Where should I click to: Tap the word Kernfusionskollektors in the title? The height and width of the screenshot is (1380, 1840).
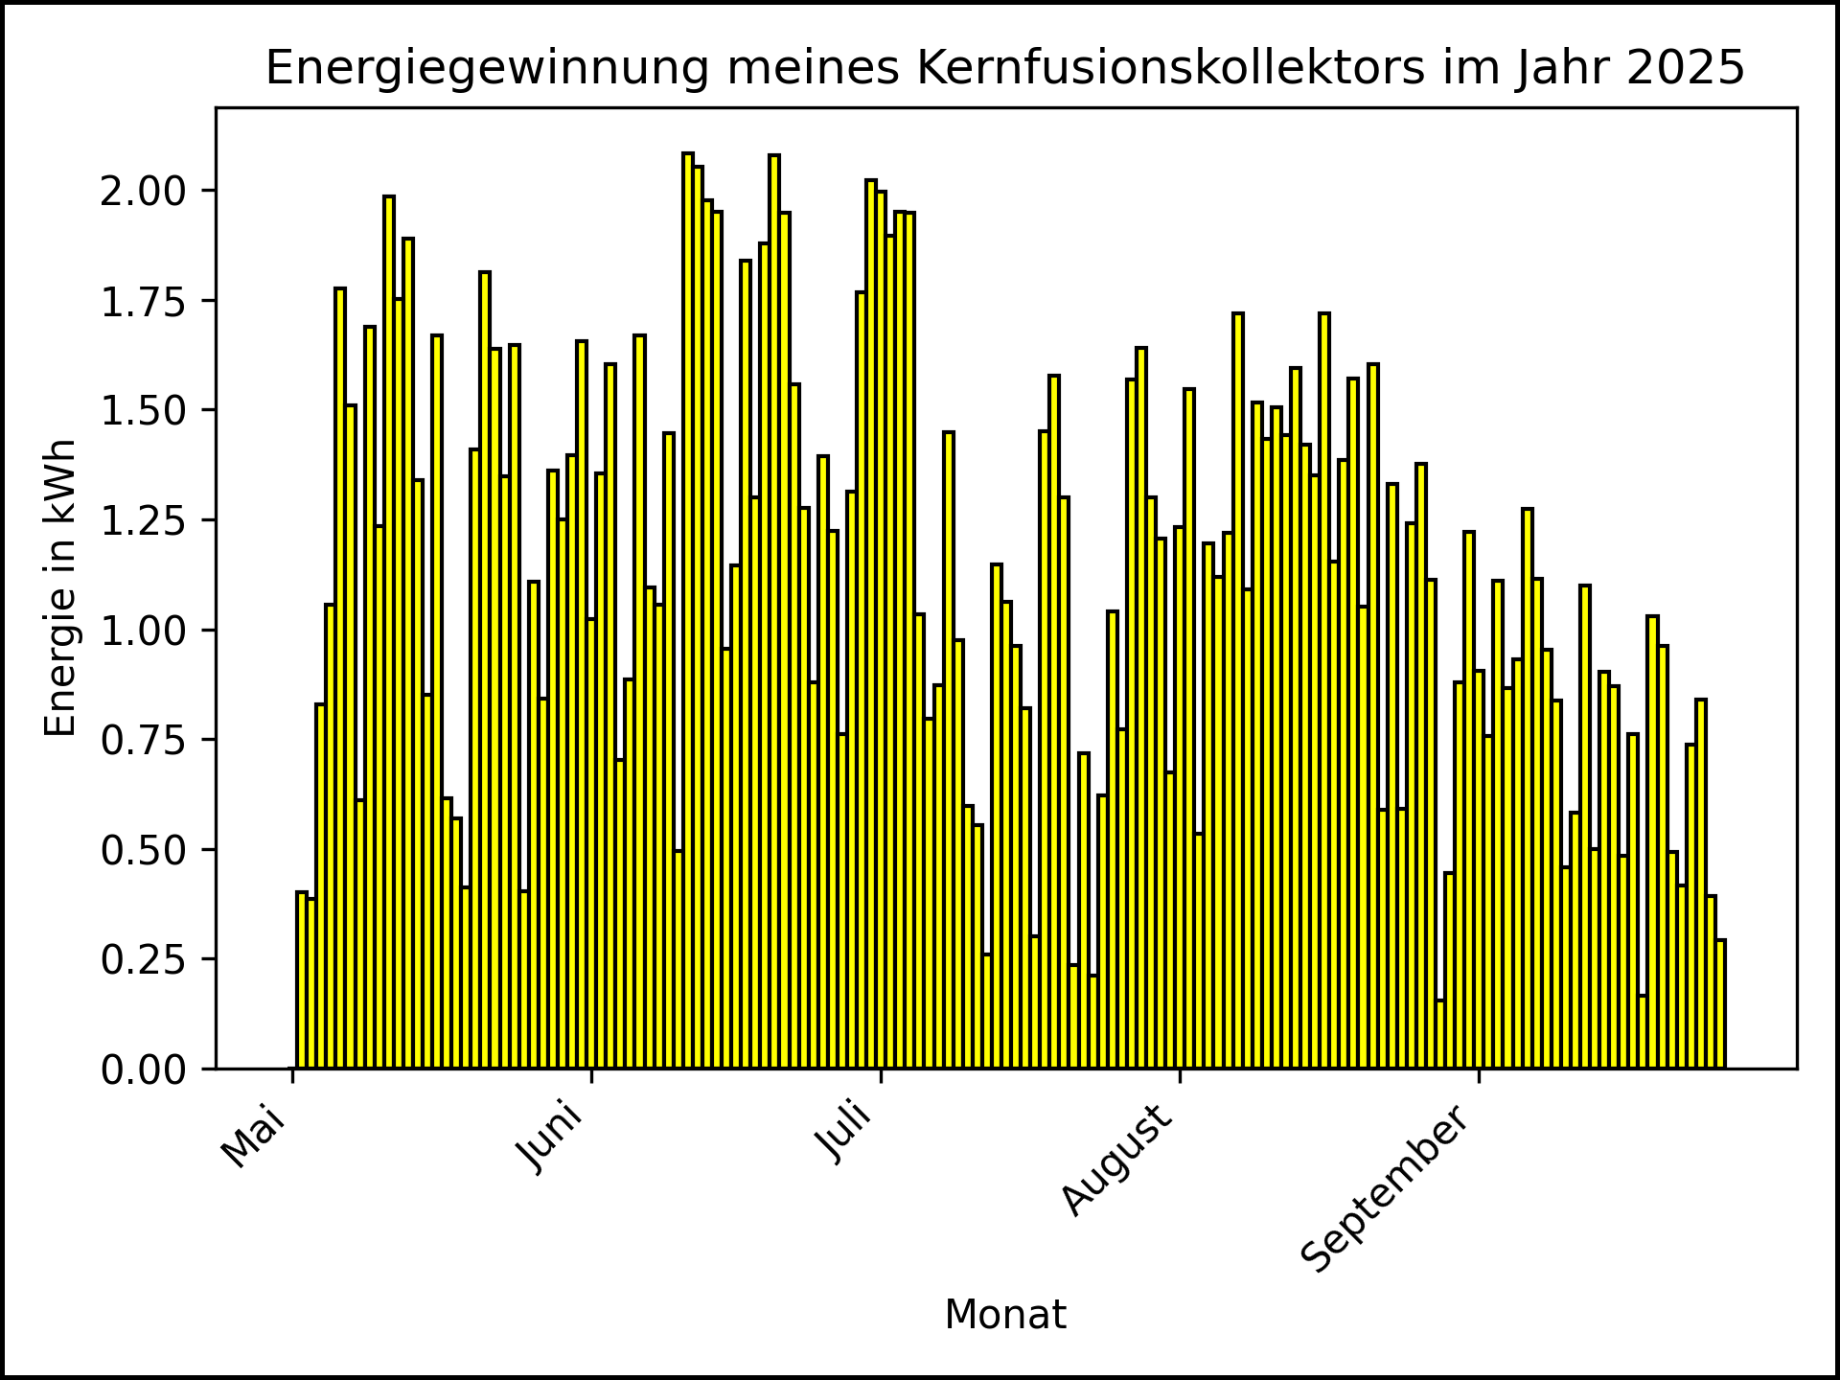1171,69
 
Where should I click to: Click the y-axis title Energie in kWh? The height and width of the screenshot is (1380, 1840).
60,587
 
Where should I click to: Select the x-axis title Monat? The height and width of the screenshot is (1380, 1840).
1005,1315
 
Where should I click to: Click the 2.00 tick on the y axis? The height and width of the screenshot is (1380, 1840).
144,191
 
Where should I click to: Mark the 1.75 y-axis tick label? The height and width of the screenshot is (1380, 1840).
144,301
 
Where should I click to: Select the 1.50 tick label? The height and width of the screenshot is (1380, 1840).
144,410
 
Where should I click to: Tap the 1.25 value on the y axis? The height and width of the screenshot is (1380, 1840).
144,520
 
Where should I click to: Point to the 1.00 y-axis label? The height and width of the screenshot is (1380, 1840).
144,631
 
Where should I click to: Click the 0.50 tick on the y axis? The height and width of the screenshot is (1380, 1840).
144,850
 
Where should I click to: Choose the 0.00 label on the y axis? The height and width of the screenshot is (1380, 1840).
144,1069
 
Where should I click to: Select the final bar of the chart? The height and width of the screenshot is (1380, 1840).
1721,1004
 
